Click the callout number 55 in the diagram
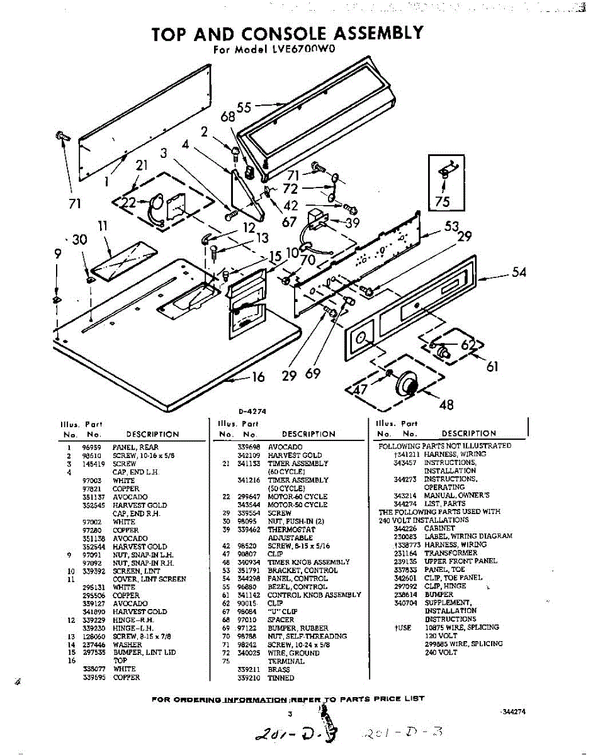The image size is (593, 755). [x=244, y=107]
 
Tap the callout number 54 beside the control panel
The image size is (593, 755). [x=519, y=272]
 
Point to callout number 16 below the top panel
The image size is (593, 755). [x=258, y=377]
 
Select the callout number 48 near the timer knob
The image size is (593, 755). [x=446, y=404]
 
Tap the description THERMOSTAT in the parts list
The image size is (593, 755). [x=291, y=530]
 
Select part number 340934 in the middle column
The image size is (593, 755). [x=247, y=562]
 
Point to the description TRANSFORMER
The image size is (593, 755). [x=451, y=552]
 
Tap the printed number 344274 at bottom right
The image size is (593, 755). [x=512, y=712]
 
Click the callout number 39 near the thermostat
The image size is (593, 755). [x=353, y=223]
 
